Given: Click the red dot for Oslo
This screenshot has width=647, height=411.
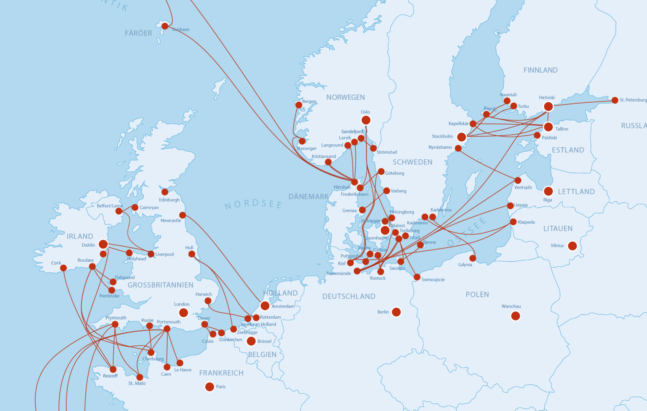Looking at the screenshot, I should (366, 120).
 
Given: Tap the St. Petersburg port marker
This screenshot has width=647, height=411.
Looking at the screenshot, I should (615, 100).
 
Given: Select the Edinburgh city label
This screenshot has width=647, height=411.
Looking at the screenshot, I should (169, 200).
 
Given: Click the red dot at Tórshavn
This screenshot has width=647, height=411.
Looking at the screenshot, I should (165, 26).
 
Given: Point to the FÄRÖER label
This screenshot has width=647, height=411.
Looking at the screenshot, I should (138, 33).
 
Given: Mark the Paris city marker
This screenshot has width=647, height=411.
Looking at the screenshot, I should (210, 387).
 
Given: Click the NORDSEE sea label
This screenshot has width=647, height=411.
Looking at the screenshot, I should (254, 204).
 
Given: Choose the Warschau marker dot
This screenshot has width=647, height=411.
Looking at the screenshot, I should (516, 316).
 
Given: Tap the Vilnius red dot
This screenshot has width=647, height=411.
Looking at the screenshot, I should (572, 246).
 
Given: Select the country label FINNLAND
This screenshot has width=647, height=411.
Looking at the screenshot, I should (541, 70).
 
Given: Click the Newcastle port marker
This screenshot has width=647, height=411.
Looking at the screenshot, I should (183, 215).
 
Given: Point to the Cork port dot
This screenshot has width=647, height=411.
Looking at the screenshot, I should (63, 268).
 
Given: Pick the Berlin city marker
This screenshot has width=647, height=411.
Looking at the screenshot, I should (396, 312).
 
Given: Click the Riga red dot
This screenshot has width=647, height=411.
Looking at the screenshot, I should (549, 191).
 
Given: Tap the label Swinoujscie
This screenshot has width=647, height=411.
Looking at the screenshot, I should (433, 279).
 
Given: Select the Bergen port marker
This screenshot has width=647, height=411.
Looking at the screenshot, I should (299, 105).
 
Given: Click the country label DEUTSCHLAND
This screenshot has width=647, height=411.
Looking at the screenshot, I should (349, 296).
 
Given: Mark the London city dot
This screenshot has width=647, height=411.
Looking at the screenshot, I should (184, 313).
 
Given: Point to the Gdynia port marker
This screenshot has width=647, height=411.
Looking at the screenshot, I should (473, 258).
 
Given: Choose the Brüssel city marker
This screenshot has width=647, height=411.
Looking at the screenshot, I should (251, 341).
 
